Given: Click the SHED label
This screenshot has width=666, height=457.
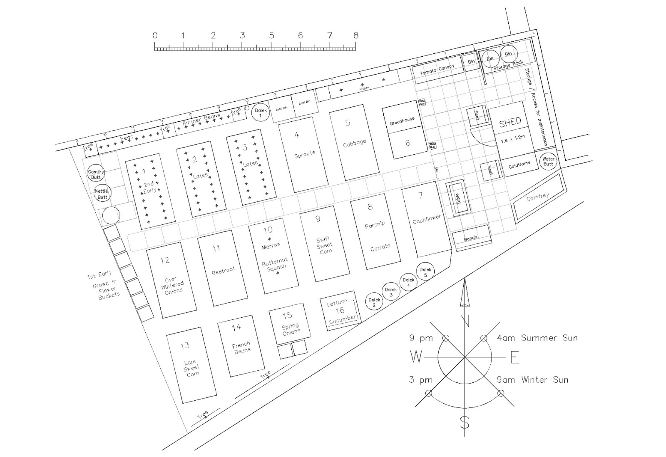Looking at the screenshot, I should (510, 122).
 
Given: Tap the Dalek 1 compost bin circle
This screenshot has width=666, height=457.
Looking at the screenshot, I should (261, 112).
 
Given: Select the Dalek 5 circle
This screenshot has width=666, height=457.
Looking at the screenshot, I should (425, 272).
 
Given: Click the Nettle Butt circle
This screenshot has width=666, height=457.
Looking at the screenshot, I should (102, 194).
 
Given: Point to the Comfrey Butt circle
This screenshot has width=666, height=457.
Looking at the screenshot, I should (96, 174).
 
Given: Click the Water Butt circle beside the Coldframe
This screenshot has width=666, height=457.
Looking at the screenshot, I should (548, 161).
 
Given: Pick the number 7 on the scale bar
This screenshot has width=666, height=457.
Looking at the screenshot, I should (330, 35).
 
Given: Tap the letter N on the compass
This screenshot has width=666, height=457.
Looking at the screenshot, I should (465, 321).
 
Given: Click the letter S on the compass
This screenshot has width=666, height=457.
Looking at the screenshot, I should (465, 423).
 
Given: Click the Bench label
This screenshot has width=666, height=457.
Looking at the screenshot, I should (471, 238).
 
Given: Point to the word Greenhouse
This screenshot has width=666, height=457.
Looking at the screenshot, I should (402, 121).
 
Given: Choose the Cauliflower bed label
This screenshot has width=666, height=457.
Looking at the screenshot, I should (426, 219).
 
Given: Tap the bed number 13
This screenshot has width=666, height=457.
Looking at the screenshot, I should (185, 345).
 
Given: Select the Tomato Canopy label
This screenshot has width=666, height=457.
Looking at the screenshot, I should (437, 69).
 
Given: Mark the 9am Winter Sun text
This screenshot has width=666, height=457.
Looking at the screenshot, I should (532, 380).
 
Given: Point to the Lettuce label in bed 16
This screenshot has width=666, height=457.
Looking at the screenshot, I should (337, 303).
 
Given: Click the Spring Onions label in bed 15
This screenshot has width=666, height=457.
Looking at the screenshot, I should (291, 329).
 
